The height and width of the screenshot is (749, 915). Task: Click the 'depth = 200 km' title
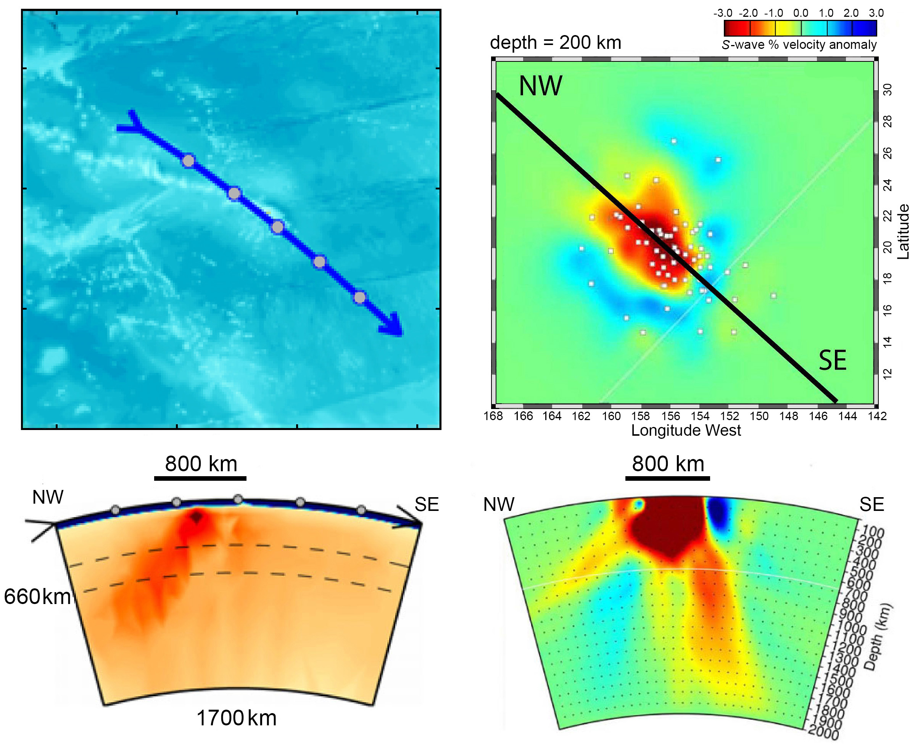pos(555,43)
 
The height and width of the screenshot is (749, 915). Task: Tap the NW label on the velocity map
pos(540,86)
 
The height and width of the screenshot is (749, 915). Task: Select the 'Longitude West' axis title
pos(686,430)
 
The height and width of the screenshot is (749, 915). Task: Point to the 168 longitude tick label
pos(493,416)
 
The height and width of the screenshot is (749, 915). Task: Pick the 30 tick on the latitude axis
pos(888,90)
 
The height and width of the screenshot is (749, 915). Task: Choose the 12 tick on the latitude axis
pos(888,373)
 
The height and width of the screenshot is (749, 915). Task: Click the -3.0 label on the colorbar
pos(723,13)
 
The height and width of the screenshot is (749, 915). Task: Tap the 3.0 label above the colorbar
pos(876,13)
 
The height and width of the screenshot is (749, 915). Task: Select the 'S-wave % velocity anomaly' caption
pos(799,45)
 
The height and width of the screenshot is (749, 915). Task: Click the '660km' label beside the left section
pos(37,597)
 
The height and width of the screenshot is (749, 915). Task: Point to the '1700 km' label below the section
pos(237,718)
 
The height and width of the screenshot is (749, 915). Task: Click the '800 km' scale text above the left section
pos(201,464)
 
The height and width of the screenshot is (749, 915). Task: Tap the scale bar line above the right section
pos(667,478)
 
